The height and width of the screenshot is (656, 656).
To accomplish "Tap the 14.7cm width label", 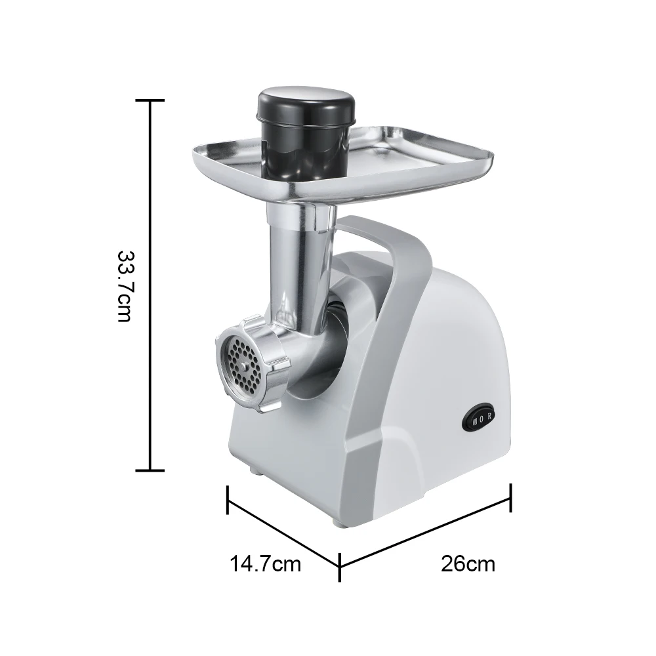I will point(265,563).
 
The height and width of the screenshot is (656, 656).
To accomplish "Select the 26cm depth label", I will point(468,563).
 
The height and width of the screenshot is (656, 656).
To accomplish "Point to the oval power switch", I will point(482,417).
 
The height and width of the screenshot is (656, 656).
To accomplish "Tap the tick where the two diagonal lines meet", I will point(340,566).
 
